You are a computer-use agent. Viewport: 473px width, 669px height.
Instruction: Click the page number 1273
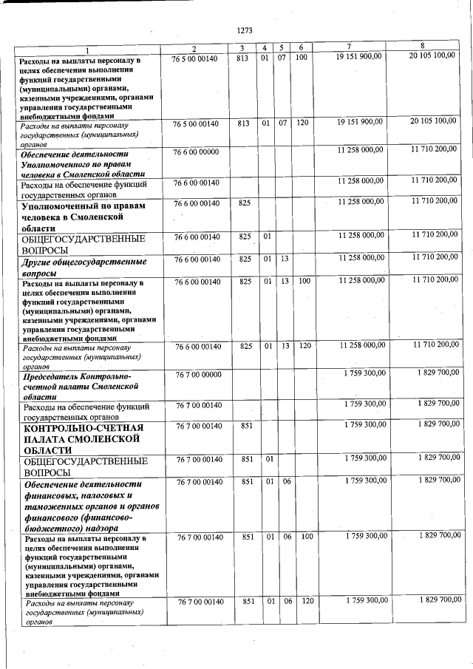[x=245, y=30]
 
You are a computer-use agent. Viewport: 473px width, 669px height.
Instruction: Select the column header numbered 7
[x=359, y=47]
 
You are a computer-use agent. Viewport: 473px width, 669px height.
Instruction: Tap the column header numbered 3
[x=242, y=48]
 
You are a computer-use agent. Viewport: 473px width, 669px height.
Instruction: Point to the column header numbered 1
[x=86, y=49]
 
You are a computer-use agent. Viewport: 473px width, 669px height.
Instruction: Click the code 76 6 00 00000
[x=196, y=151]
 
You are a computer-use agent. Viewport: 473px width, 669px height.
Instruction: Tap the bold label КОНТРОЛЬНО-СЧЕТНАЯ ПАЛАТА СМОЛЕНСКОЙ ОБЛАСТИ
[x=82, y=438]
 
